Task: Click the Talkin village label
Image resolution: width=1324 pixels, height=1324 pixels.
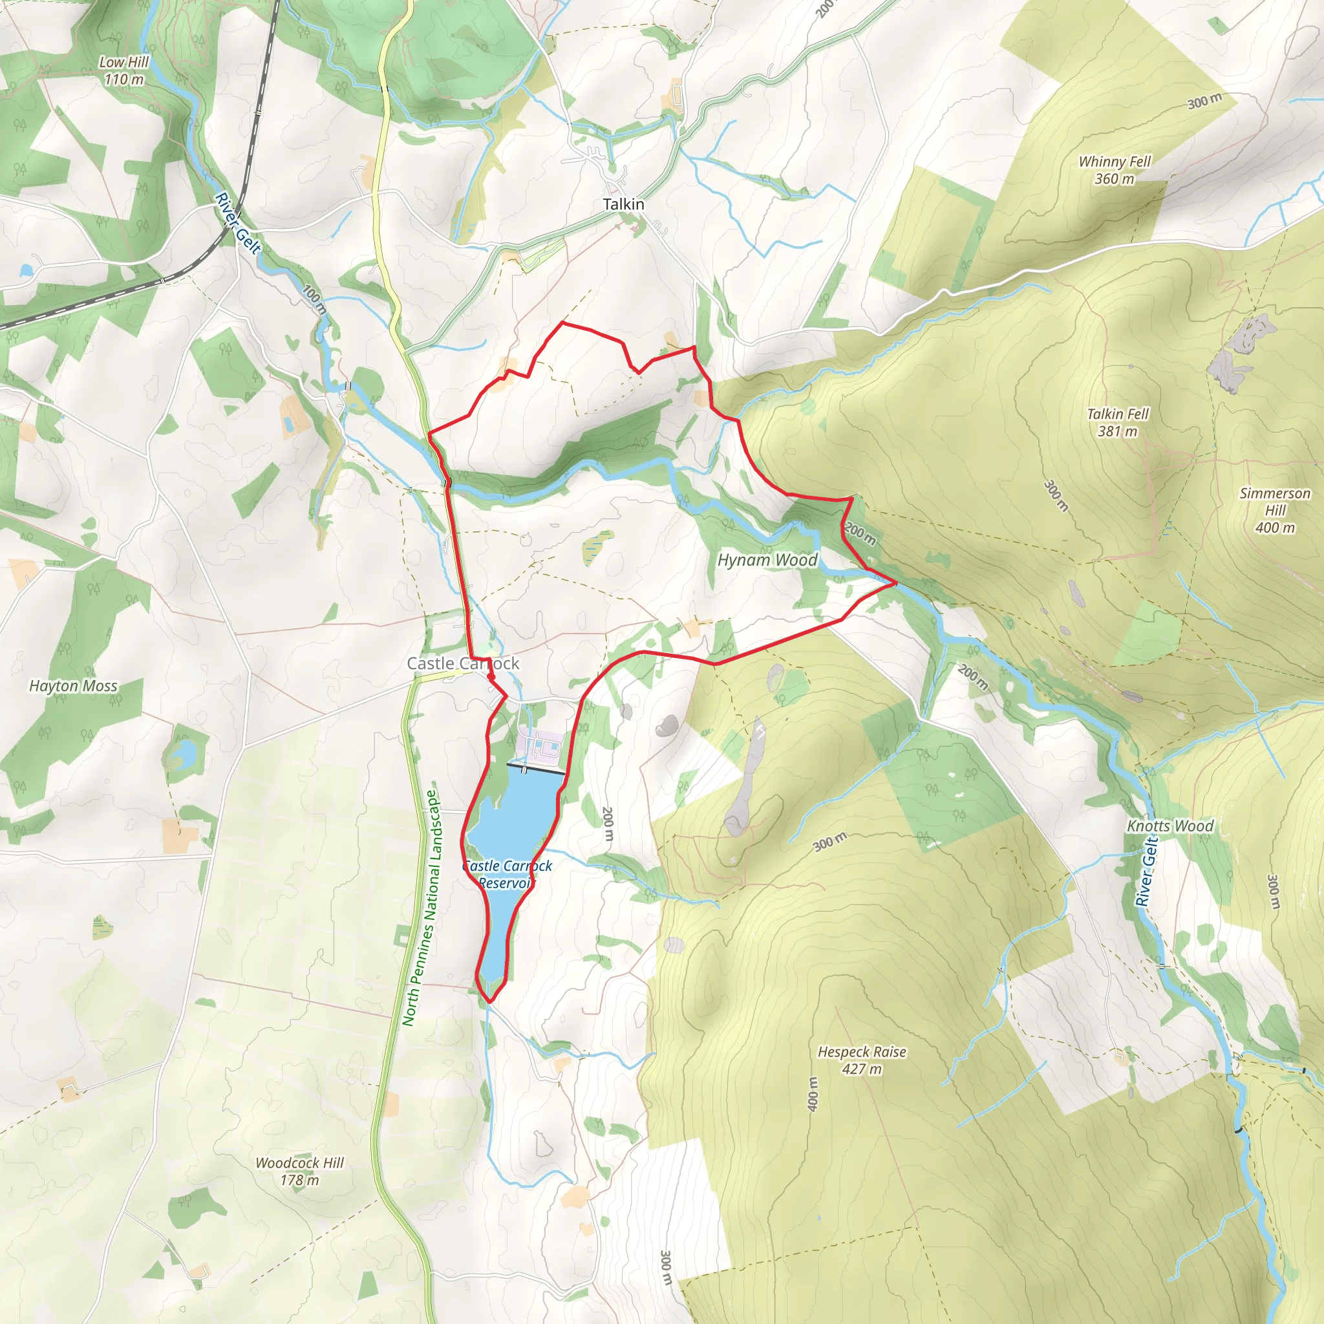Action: click(623, 204)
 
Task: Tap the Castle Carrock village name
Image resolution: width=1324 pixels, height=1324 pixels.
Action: click(463, 663)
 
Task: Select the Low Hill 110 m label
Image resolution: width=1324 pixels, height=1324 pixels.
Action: click(124, 70)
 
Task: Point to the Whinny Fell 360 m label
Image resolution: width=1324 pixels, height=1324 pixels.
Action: click(1115, 170)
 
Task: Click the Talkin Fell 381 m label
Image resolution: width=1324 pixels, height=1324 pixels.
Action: click(1117, 422)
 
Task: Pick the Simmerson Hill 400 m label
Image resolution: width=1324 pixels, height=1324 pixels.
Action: click(1275, 510)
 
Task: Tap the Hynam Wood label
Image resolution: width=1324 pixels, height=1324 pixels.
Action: click(767, 561)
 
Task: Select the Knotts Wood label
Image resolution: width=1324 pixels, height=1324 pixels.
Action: click(1169, 826)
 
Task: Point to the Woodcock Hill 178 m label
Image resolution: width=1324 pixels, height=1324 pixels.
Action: click(299, 1171)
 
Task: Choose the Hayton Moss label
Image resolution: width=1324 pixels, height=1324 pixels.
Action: click(73, 686)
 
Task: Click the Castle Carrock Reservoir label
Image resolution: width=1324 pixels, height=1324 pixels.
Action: click(506, 875)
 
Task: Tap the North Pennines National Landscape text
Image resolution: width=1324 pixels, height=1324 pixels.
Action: click(420, 908)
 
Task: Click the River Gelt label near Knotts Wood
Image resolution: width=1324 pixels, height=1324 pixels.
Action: click(1146, 871)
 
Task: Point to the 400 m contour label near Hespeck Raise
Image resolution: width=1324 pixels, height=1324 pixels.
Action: click(812, 1094)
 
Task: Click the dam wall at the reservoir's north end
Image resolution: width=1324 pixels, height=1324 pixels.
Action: click(535, 768)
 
